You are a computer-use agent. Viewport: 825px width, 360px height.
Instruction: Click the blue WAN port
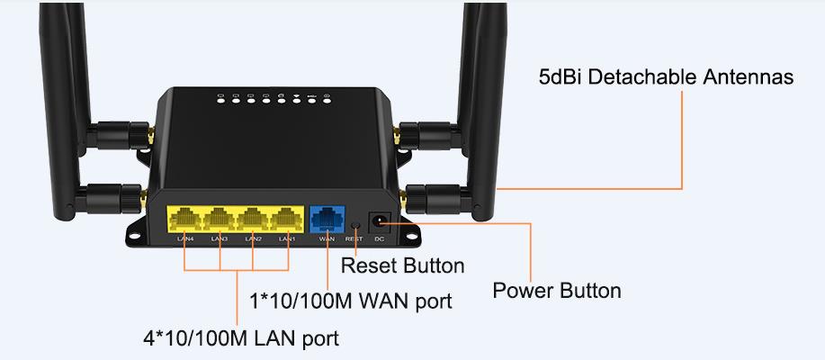point(327,219)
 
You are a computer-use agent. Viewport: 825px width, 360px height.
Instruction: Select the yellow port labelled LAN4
point(184,219)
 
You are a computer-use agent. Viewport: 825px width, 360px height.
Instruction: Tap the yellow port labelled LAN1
point(286,219)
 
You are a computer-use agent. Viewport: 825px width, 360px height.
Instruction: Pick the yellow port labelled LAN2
point(253,219)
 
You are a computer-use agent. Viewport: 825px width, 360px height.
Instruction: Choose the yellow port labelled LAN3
point(219,219)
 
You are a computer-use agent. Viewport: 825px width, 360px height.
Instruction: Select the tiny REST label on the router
point(354,239)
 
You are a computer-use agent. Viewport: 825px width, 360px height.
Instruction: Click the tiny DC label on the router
point(380,239)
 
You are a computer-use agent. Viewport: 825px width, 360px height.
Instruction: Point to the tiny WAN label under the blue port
point(327,239)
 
